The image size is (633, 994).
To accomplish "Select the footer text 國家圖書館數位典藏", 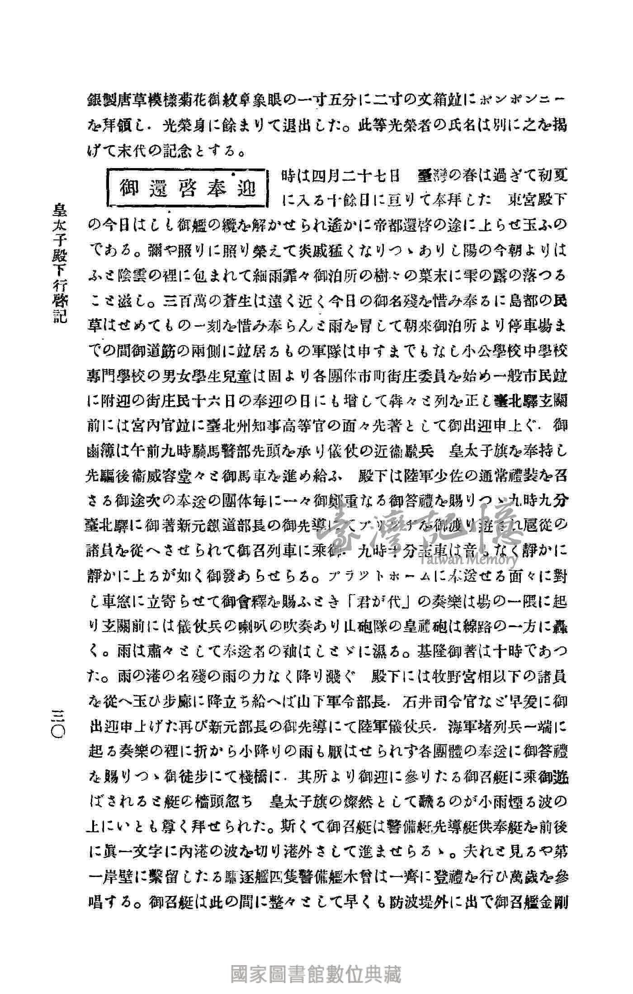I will click(316, 971).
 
